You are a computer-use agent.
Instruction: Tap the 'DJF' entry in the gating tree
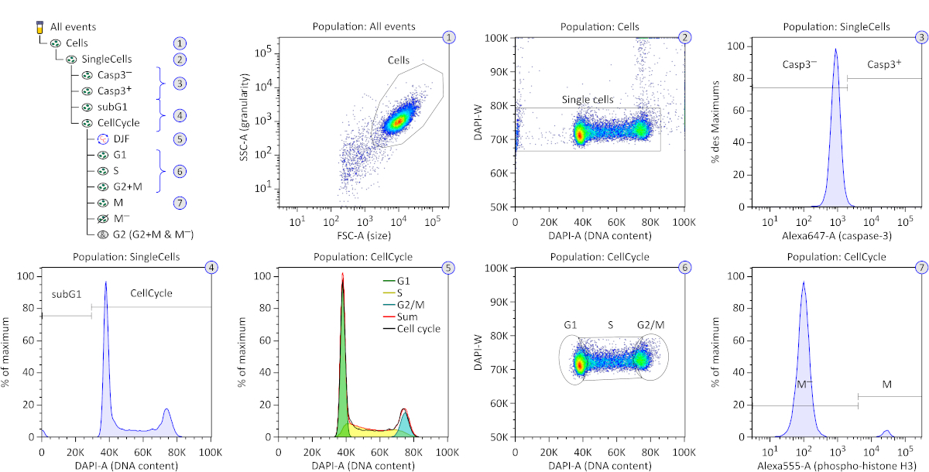[121, 139]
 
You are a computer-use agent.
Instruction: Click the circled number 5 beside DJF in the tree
[180, 139]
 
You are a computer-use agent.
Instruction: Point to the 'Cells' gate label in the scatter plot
[401, 59]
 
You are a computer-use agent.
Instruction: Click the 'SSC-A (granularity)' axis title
[246, 119]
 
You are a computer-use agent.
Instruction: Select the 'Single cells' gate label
[588, 100]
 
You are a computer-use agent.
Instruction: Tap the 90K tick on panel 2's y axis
[496, 71]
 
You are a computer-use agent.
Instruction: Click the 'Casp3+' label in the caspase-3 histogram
[883, 64]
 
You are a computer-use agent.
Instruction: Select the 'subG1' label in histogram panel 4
[67, 294]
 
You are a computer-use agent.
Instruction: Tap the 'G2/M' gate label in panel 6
[650, 324]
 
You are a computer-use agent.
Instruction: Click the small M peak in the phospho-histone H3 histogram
[886, 433]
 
